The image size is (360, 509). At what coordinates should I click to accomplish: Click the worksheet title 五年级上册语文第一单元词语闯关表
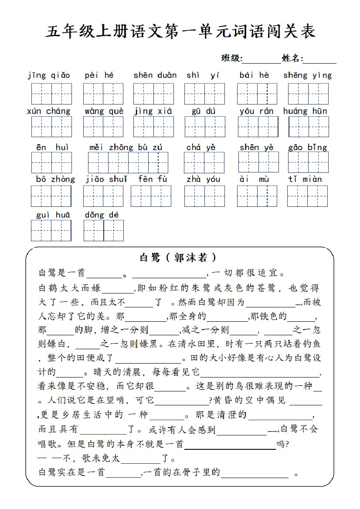[180, 32]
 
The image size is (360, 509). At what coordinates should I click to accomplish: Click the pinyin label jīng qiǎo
[49, 75]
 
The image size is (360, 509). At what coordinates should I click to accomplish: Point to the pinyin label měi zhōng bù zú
[126, 147]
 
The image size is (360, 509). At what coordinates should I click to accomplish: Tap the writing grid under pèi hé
[103, 94]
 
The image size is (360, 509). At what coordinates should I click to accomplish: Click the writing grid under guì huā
[51, 230]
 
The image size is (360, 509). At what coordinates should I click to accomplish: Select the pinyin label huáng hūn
[305, 111]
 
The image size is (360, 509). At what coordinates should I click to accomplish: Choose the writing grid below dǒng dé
[104, 230]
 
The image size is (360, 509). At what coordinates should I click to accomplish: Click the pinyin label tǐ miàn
[305, 179]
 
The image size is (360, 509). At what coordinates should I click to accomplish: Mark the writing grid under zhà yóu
[204, 196]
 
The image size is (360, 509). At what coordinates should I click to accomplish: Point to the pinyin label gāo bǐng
[308, 147]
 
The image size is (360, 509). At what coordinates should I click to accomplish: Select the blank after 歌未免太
[140, 460]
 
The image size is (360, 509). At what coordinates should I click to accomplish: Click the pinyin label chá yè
[201, 147]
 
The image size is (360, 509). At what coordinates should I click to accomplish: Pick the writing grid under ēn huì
[51, 162]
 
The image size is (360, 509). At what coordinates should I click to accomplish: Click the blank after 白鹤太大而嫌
[119, 290]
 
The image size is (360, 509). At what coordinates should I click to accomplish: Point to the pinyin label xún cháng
[49, 111]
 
